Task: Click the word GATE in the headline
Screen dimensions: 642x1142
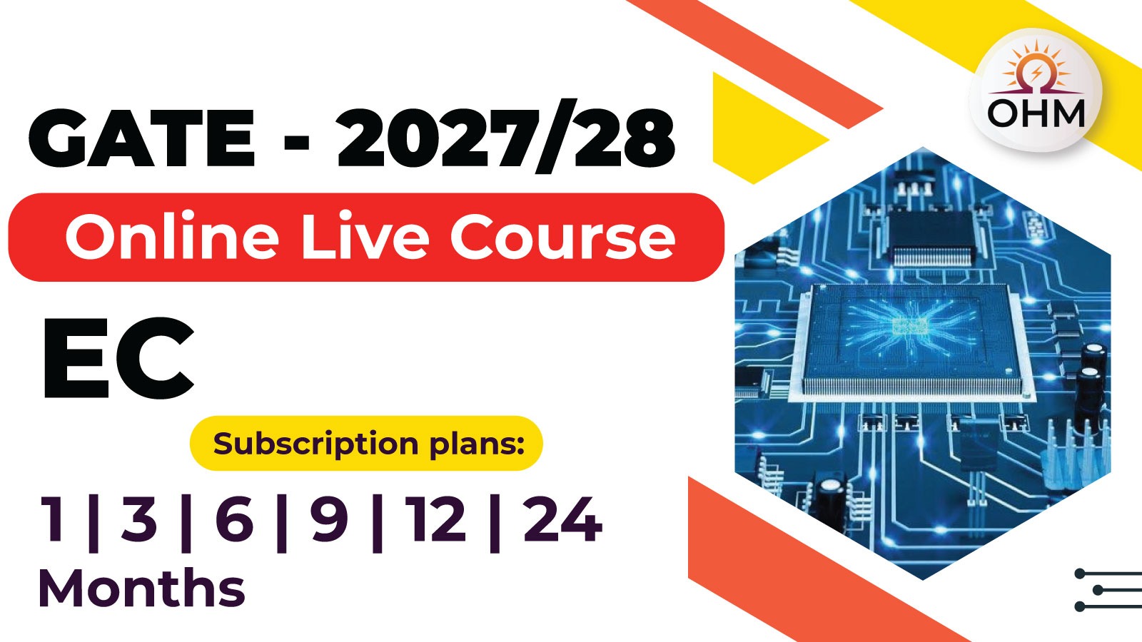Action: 141,138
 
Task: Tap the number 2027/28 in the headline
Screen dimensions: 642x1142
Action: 505,138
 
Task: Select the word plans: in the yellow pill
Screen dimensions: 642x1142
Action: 477,444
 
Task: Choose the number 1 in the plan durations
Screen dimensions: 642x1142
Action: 53,520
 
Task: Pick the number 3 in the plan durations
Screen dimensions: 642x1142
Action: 138,520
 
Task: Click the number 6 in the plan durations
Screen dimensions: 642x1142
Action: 234,520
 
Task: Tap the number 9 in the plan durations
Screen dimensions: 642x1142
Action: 329,520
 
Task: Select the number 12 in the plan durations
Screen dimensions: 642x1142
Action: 435,520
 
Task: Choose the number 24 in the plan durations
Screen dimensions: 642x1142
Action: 562,520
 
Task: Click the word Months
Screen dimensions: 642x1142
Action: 141,588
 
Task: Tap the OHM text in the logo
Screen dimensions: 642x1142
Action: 1036,113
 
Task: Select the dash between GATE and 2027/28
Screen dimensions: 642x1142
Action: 296,139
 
